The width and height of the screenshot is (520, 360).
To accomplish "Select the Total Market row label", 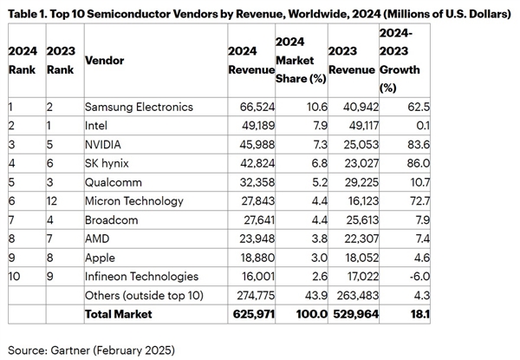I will point(118,313).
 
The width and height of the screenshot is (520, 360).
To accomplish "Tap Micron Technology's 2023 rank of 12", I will point(54,202).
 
